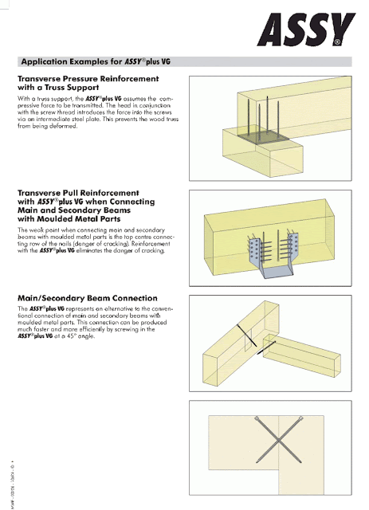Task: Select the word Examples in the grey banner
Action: click(100, 61)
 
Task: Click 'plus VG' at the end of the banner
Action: click(177, 61)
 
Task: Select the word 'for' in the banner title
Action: click(130, 61)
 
